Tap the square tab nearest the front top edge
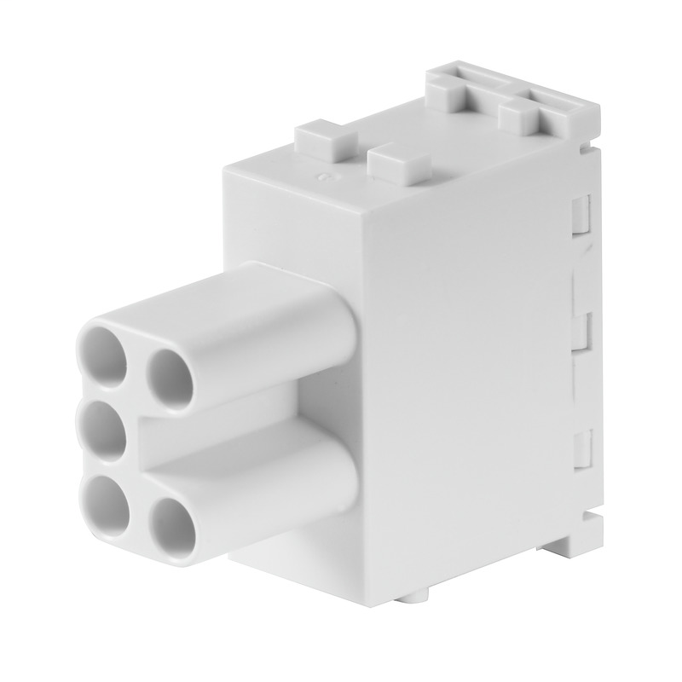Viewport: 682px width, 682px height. pos(402,163)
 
